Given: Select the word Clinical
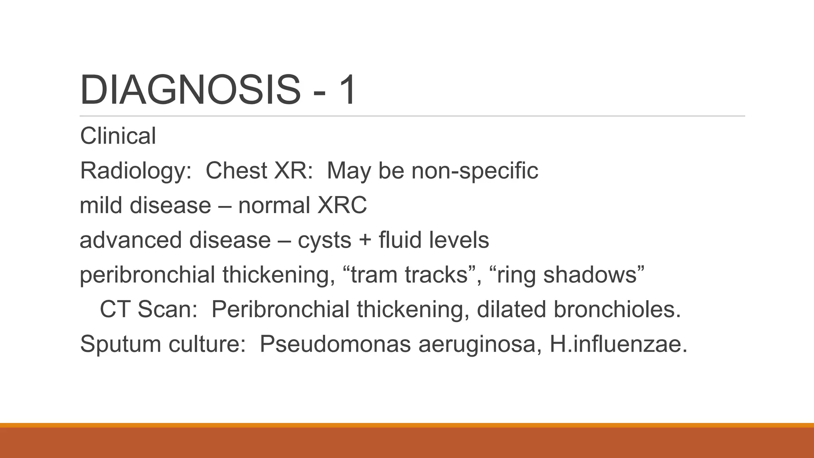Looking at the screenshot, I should click(118, 136).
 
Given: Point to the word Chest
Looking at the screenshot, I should click(236, 171).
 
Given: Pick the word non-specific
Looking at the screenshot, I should click(475, 171).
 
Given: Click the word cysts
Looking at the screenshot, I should click(324, 241).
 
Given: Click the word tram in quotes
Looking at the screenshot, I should click(374, 275).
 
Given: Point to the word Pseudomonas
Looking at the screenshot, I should click(335, 344).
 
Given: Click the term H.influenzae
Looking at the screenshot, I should click(618, 344).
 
